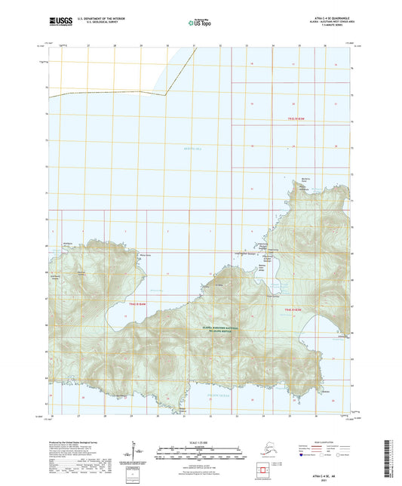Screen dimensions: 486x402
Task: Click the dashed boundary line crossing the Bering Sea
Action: click(x=106, y=94)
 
